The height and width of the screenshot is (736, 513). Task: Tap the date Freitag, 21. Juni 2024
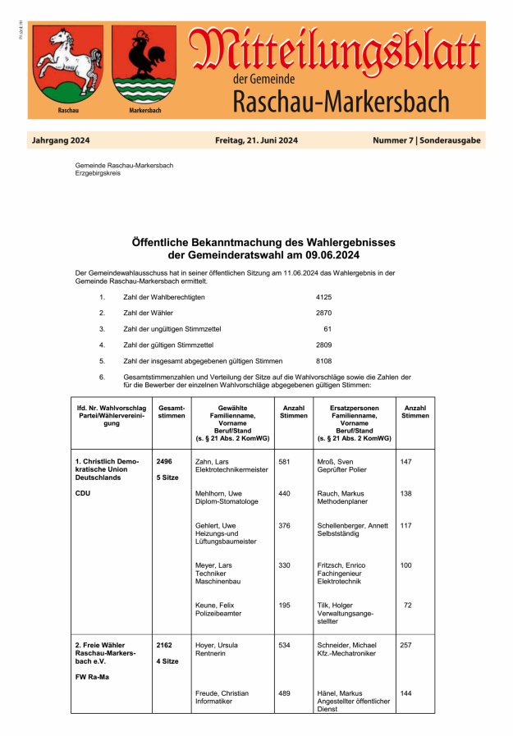pyautogui.click(x=256, y=141)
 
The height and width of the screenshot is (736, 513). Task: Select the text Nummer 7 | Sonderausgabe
pyautogui.click(x=427, y=141)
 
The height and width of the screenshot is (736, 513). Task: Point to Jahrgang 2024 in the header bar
pyautogui.click(x=61, y=141)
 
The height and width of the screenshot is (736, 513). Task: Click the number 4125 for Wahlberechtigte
pyautogui.click(x=323, y=296)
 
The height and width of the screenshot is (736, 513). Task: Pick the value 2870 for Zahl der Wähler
pyautogui.click(x=323, y=313)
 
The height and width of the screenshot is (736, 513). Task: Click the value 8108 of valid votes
pyautogui.click(x=323, y=361)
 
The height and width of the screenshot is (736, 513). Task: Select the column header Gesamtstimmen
pyautogui.click(x=171, y=411)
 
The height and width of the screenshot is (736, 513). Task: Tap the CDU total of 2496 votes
pyautogui.click(x=164, y=462)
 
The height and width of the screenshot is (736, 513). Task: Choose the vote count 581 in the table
pyautogui.click(x=285, y=462)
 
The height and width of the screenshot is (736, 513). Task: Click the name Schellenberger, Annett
pyautogui.click(x=352, y=526)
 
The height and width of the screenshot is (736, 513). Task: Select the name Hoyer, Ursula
pyautogui.click(x=217, y=646)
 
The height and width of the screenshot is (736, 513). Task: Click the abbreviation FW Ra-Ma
pyautogui.click(x=92, y=677)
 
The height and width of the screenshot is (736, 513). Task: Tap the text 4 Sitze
pyautogui.click(x=168, y=661)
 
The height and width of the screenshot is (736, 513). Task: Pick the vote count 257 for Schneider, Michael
pyautogui.click(x=405, y=646)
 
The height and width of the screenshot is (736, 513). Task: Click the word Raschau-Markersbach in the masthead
pyautogui.click(x=341, y=103)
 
